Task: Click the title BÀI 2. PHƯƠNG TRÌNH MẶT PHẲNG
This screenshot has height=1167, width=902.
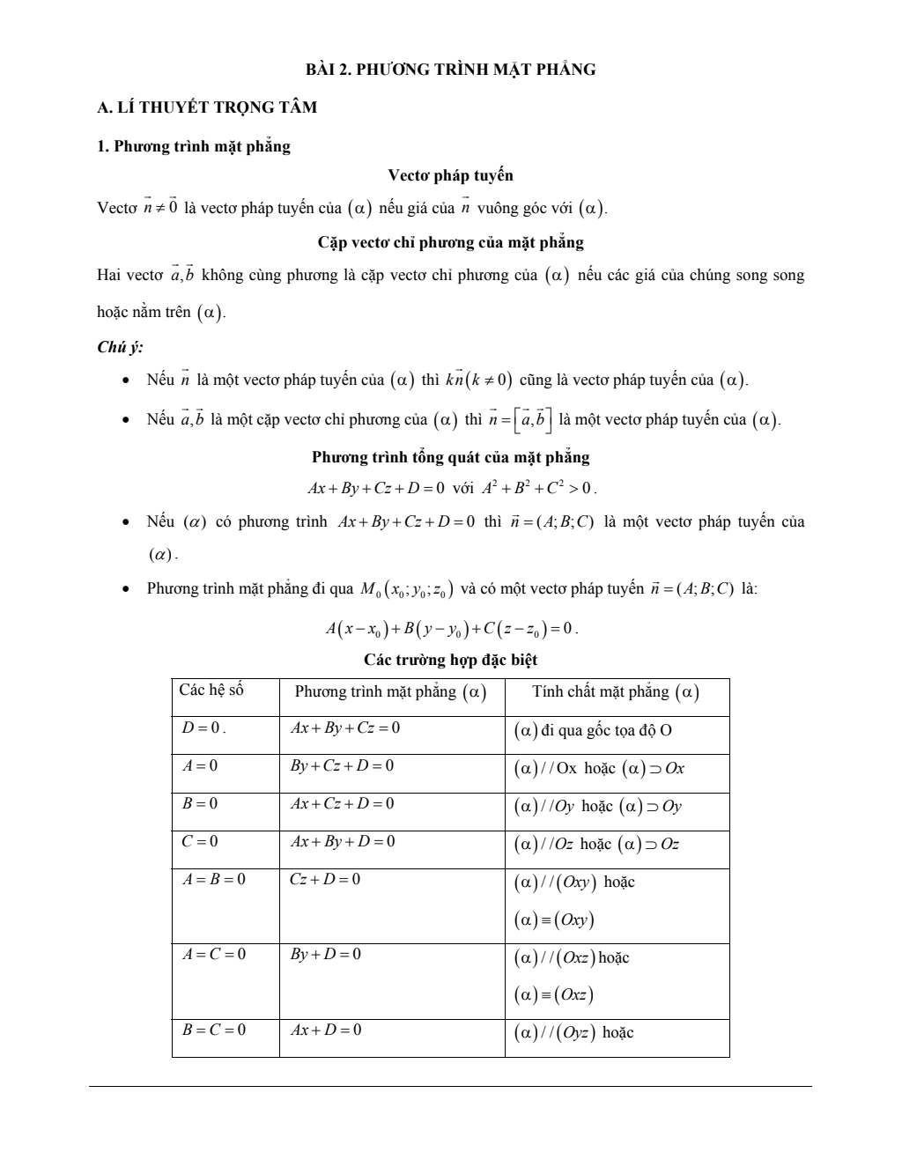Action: click(x=450, y=70)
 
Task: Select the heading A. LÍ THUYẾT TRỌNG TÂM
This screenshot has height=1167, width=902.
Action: click(x=207, y=107)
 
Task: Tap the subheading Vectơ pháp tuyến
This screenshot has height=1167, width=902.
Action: click(x=450, y=175)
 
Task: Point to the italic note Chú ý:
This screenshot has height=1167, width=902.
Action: click(x=121, y=347)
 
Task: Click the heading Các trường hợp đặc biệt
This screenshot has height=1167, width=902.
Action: click(x=450, y=660)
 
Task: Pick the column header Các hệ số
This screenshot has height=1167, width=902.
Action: click(x=211, y=690)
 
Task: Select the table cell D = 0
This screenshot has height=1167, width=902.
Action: click(x=203, y=728)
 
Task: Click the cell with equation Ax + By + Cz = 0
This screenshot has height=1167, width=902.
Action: click(x=344, y=728)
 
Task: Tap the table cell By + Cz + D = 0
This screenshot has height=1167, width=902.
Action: click(x=342, y=766)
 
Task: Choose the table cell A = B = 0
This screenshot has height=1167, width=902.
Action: click(x=214, y=879)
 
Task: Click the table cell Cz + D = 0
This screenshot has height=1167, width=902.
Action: click(x=325, y=879)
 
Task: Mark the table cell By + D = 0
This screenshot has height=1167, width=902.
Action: click(x=325, y=954)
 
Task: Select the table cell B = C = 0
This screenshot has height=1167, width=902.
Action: click(x=214, y=1030)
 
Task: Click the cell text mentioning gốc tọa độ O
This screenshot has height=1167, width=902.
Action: click(x=594, y=730)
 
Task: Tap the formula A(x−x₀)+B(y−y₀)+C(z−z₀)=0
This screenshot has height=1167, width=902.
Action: click(x=450, y=629)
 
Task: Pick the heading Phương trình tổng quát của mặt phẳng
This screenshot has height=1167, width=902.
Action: click(x=450, y=457)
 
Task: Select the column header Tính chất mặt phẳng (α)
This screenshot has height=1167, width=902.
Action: click(x=616, y=692)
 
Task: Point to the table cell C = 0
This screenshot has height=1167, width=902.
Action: click(x=200, y=841)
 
